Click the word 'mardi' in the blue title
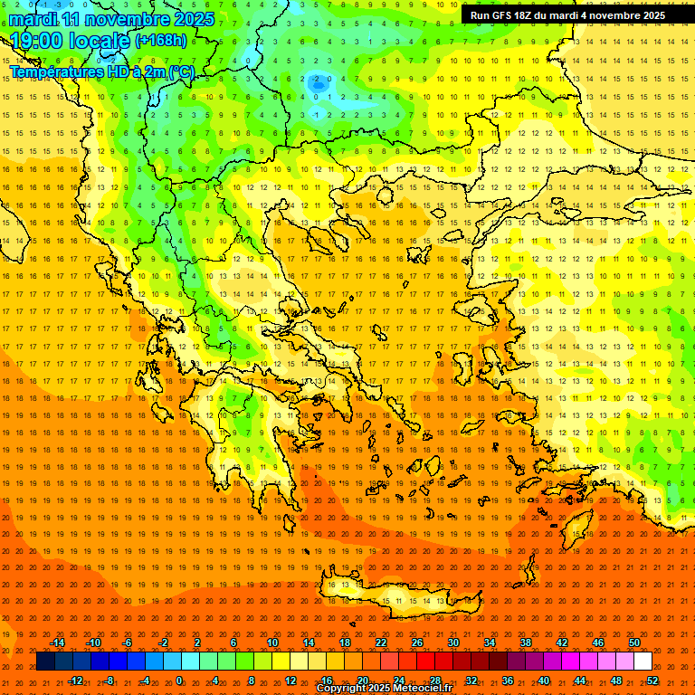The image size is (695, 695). (x=35, y=19)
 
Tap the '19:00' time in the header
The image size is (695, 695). (x=36, y=41)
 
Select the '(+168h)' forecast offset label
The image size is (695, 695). (x=161, y=41)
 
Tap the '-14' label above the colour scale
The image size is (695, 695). (x=57, y=643)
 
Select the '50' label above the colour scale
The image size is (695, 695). (x=634, y=643)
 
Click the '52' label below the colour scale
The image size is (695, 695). (x=652, y=681)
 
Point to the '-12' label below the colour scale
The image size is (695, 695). (x=75, y=681)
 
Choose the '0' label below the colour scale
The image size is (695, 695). (x=179, y=681)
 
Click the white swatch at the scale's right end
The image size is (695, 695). (x=643, y=662)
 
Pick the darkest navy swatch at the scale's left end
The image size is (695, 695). (x=45, y=662)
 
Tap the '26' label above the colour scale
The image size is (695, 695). (x=417, y=643)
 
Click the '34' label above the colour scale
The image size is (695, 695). (x=490, y=643)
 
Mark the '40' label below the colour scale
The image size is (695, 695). (x=544, y=681)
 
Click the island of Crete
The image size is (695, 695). (x=398, y=593)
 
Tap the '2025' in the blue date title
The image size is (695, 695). (x=193, y=19)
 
